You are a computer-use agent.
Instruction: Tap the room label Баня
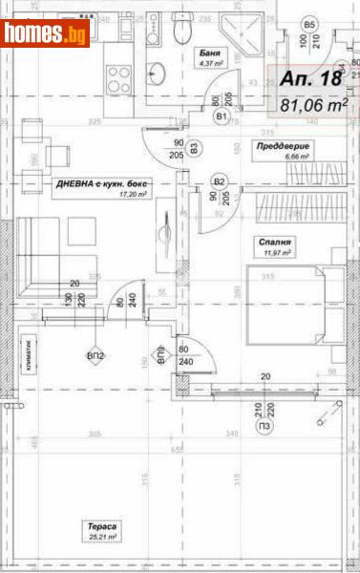point(208,53)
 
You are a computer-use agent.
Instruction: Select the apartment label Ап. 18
point(311,80)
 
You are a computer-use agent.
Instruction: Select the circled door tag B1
point(222,117)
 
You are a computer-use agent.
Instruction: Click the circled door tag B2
point(219,180)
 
